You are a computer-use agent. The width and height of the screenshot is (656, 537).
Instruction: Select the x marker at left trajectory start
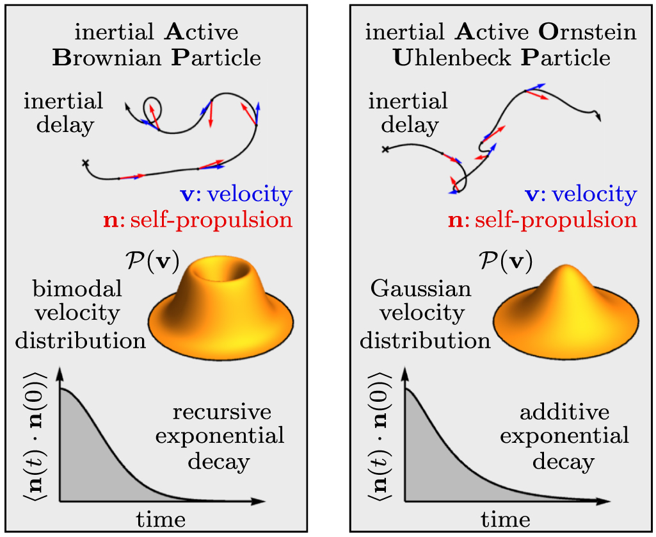click(x=85, y=163)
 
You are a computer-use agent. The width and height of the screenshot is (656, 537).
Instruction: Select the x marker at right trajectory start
click(x=385, y=149)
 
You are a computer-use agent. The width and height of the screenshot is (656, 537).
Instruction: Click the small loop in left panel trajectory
click(x=152, y=104)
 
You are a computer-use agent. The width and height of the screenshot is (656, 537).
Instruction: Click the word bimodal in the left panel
click(x=77, y=289)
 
